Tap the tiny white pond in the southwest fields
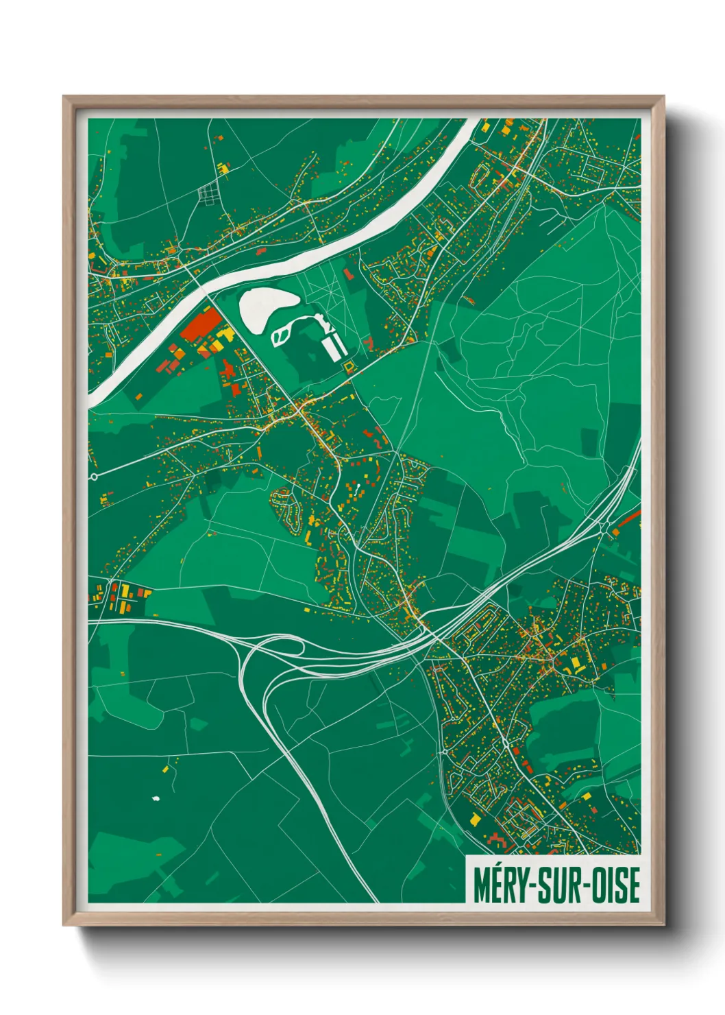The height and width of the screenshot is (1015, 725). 155,798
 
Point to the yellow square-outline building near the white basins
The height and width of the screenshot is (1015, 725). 348,367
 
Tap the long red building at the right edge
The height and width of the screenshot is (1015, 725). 629,519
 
